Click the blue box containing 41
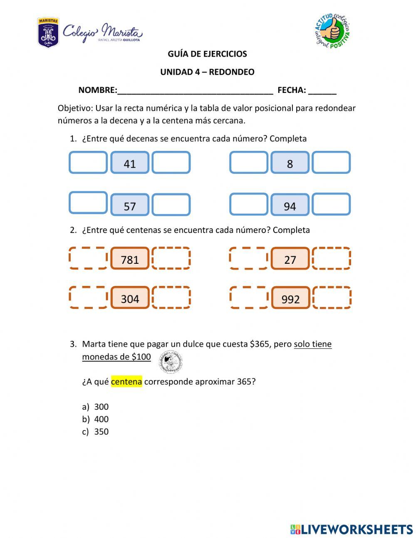click(x=130, y=163)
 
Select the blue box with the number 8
click(x=290, y=163)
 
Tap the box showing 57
click(x=130, y=205)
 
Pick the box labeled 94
click(x=290, y=205)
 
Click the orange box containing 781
click(x=130, y=259)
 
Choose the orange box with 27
click(x=290, y=259)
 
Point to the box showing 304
click(x=130, y=298)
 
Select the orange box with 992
click(x=290, y=298)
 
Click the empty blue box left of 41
click(x=88, y=163)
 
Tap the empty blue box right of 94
click(x=331, y=204)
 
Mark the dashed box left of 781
click(x=88, y=258)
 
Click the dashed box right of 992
click(x=332, y=298)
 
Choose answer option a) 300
click(x=101, y=407)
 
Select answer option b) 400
click(x=101, y=419)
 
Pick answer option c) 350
click(x=101, y=432)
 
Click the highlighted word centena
click(x=126, y=382)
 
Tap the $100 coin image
click(x=171, y=362)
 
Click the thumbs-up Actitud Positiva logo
click(x=332, y=31)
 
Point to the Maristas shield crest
click(x=48, y=33)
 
